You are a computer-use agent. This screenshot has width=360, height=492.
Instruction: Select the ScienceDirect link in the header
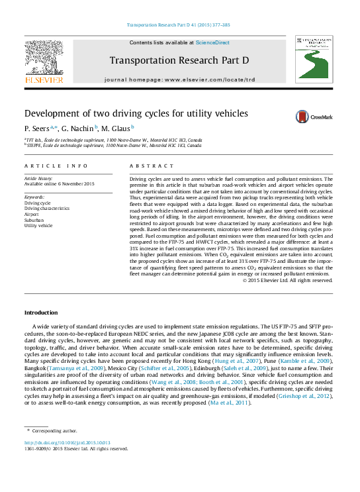[212, 42]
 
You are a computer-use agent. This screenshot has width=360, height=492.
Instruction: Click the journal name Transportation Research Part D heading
[179, 60]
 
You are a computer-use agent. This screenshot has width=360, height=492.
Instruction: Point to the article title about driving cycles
[136, 113]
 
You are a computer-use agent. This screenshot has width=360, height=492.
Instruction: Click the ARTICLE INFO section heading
[56, 166]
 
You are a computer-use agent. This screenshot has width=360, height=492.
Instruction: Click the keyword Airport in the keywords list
[32, 215]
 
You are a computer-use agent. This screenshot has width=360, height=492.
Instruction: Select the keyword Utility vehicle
[38, 226]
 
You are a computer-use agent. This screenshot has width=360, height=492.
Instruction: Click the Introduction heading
[41, 313]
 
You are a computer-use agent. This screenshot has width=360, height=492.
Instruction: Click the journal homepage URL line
[179, 79]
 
